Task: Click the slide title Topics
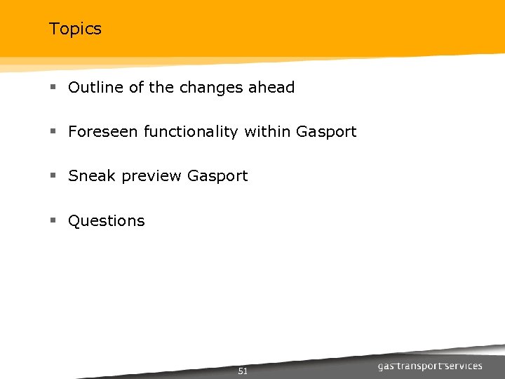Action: (x=75, y=29)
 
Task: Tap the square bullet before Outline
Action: (x=53, y=88)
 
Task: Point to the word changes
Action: (x=210, y=88)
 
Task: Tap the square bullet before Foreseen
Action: (x=53, y=132)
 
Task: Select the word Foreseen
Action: (x=103, y=132)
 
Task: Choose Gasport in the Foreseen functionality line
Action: (x=326, y=132)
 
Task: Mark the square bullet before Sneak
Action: (x=53, y=176)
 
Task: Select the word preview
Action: (x=151, y=177)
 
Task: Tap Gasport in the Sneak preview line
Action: (x=217, y=177)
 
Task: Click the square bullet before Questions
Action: (x=53, y=220)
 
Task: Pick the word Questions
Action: (x=107, y=221)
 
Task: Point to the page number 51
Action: (x=243, y=371)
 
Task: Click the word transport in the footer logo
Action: (x=420, y=366)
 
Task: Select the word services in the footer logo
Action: (x=465, y=366)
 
